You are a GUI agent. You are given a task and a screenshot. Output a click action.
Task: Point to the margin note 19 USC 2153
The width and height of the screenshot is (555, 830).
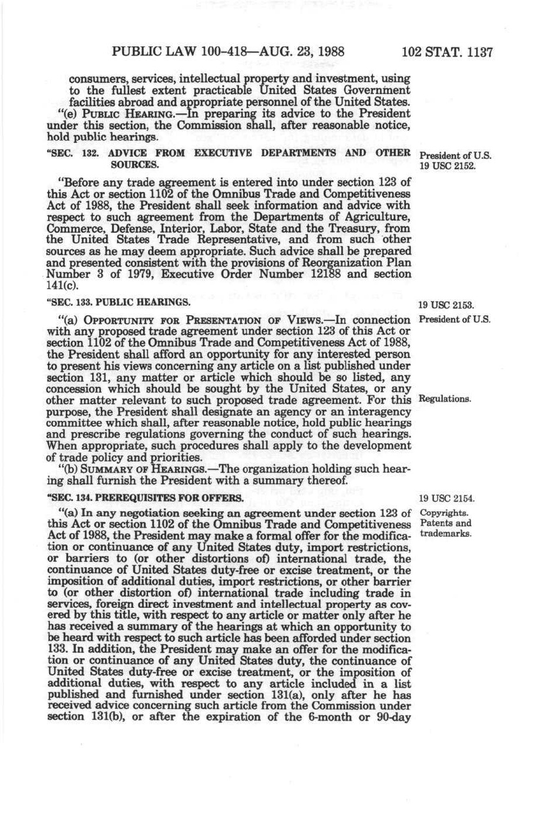tap(446, 305)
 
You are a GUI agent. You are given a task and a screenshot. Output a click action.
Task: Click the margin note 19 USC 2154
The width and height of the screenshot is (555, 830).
tap(446, 499)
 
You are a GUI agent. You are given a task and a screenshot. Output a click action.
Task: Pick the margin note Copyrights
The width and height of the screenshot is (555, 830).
tap(444, 513)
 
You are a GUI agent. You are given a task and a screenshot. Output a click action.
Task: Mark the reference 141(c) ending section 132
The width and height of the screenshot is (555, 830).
tap(61, 285)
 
